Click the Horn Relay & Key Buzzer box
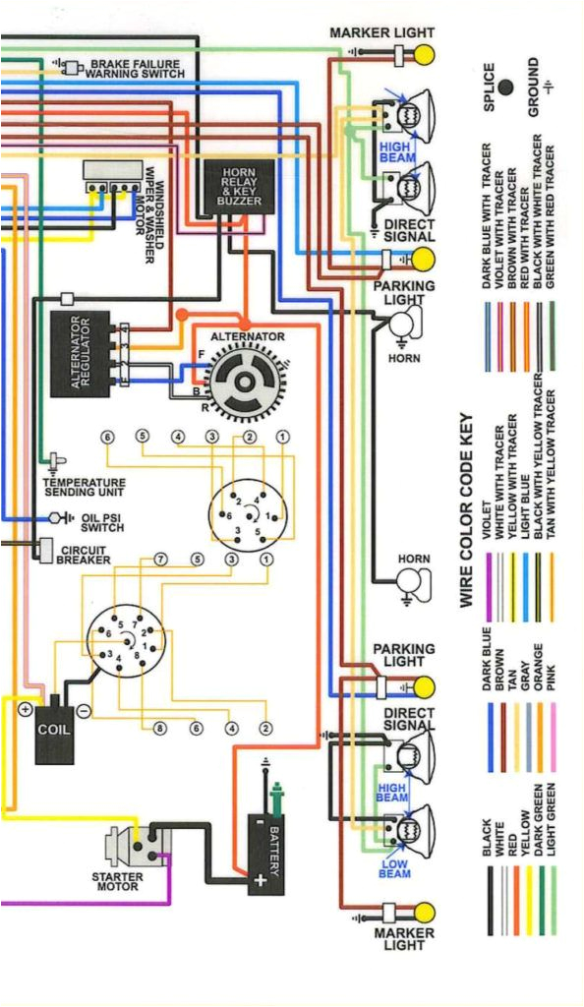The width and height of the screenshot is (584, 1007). [239, 187]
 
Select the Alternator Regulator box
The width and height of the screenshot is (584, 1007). [80, 353]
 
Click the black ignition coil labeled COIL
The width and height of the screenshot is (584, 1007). [53, 734]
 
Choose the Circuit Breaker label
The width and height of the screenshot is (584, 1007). [86, 555]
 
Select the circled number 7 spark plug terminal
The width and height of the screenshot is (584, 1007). [160, 560]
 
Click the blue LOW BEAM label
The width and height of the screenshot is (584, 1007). [394, 869]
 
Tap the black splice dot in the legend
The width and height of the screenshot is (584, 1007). [506, 88]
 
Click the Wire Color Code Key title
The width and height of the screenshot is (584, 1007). [468, 508]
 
